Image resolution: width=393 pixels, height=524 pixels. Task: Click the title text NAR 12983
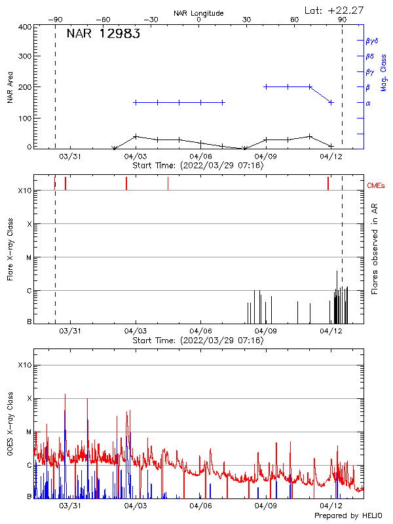pos(103,35)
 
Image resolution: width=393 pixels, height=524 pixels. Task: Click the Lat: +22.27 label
pos(335,10)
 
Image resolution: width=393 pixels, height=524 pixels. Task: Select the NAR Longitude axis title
pos(198,13)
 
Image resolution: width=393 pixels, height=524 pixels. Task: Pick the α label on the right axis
pos(368,103)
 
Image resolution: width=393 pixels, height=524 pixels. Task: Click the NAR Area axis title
pos(10,86)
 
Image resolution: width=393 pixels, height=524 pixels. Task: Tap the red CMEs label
pos(377,186)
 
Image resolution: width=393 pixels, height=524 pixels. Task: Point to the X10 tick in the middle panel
pos(24,191)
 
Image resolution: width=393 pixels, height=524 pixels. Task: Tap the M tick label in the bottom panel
pos(29,432)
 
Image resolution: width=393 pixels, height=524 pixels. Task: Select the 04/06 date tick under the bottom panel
pos(200,506)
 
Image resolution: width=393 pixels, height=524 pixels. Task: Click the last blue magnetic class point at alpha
pos(331,102)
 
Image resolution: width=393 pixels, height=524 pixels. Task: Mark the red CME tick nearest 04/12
pos(328,183)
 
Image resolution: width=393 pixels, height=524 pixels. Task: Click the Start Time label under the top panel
pos(198,166)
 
